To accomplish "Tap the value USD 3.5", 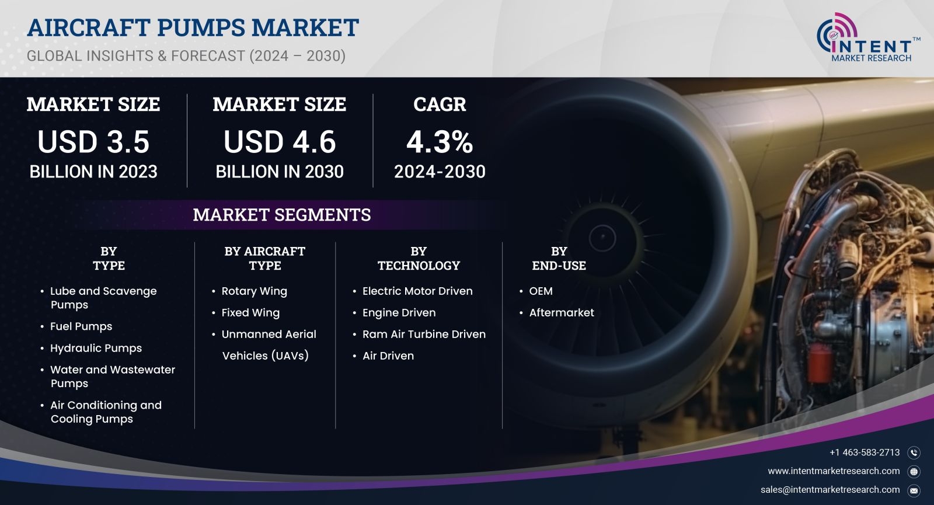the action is coord(93,142).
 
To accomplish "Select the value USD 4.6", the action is coord(280,142).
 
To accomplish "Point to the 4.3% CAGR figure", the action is coord(440,142).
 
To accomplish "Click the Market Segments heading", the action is coord(282,215).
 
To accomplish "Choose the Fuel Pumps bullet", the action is coord(81,326).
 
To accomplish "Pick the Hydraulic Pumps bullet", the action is coord(96,348).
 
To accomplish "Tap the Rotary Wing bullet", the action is coord(254,291).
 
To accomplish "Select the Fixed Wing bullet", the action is coord(250,313).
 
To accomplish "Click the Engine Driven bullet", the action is coord(399,313).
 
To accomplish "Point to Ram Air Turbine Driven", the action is coord(424,335).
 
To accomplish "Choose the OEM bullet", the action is coord(541,291).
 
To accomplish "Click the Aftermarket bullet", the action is coord(562,313).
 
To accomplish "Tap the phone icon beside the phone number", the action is coord(914,452).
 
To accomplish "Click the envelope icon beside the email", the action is coord(914,490).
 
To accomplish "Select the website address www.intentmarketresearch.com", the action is coord(834,471).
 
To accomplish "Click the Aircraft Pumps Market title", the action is coord(193,27).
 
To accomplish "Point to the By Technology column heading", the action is coord(419,259).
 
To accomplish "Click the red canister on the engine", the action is coord(820,362).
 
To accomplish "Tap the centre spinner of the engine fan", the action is coord(602,238).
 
